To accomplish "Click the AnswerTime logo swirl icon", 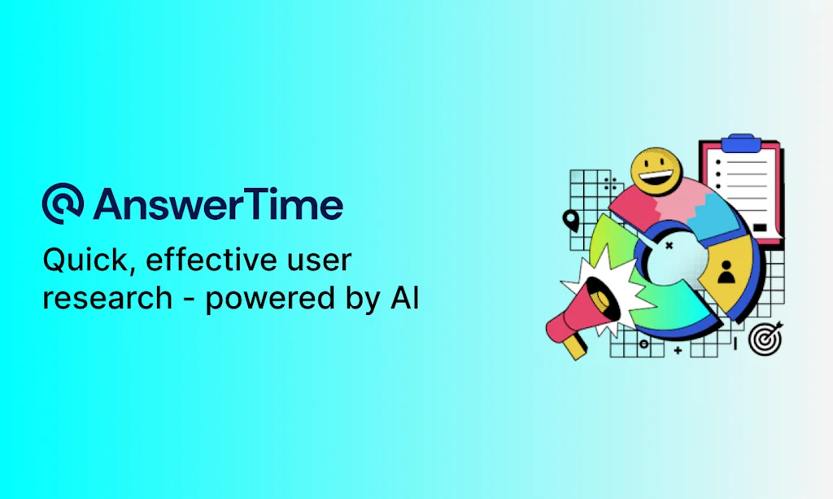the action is tap(63, 203).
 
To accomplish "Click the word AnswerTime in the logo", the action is tap(218, 204).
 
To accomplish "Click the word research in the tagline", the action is tap(107, 297).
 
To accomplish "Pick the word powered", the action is tap(270, 300).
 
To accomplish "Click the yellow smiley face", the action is tap(656, 170).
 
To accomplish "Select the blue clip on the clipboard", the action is tap(740, 143).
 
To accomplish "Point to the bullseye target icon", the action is tap(765, 338).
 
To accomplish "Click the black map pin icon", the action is tap(570, 221).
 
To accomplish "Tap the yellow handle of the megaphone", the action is tap(574, 347).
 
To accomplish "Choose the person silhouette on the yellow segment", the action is tap(726, 272).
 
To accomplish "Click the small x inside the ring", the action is tap(669, 246).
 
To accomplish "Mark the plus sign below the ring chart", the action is tap(678, 350).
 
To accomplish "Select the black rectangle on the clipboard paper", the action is tap(760, 227).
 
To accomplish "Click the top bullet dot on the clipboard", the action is tap(718, 162).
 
